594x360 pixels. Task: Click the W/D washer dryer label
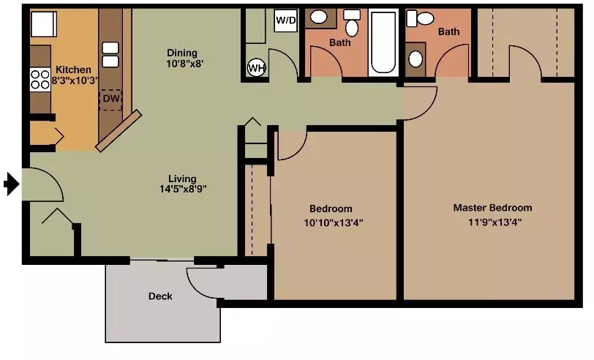[x=285, y=20]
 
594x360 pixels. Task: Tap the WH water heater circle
[x=257, y=68]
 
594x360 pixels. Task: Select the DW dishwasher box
[x=110, y=100]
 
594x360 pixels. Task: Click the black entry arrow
[x=12, y=184]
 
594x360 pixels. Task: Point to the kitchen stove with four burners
[x=40, y=80]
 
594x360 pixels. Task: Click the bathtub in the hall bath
[x=383, y=42]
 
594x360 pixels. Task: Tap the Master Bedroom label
[x=492, y=208]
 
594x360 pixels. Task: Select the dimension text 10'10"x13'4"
[x=334, y=223]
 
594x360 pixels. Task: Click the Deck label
[x=160, y=296]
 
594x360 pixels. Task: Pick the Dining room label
[x=182, y=53]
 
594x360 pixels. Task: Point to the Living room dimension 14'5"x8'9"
[x=183, y=189]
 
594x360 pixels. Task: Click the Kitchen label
[x=73, y=70]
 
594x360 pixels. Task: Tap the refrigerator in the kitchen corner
[x=44, y=23]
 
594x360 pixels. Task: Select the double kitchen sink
[x=110, y=55]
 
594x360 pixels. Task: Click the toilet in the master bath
[x=420, y=18]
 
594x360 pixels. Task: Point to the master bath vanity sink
[x=416, y=59]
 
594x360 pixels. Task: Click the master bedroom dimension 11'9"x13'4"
[x=495, y=222]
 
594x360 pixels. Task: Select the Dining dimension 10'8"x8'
[x=185, y=64]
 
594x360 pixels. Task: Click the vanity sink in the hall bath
[x=319, y=17]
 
